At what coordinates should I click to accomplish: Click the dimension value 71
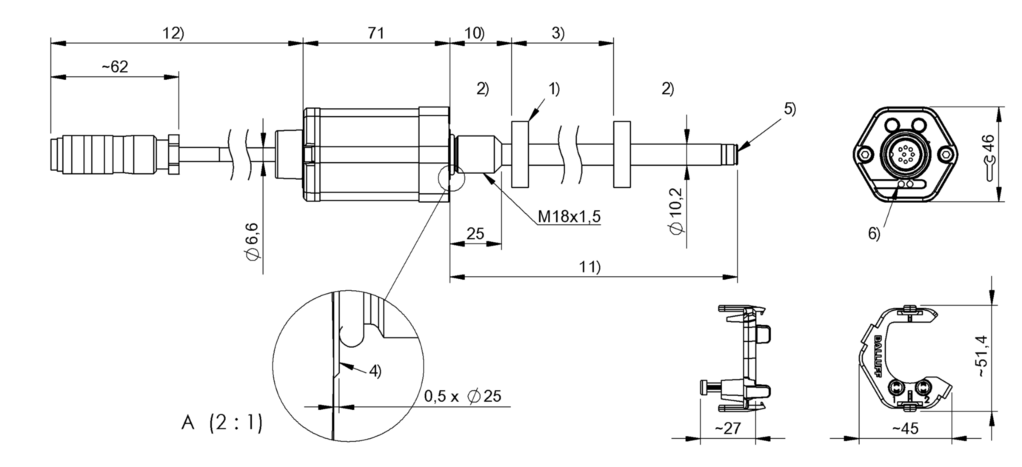point(376,33)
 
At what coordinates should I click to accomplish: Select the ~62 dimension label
point(114,67)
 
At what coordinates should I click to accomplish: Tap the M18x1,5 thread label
point(569,216)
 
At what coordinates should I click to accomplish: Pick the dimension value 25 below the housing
point(475,234)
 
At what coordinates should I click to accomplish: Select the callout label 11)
point(590,268)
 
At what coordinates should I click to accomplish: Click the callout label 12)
point(173,33)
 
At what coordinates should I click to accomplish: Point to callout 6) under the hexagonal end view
point(874,233)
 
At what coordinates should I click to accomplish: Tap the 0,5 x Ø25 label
point(462,396)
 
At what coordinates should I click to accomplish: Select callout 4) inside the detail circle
point(375,372)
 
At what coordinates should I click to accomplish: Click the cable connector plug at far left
point(111,154)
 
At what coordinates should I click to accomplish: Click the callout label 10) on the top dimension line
point(474,33)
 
